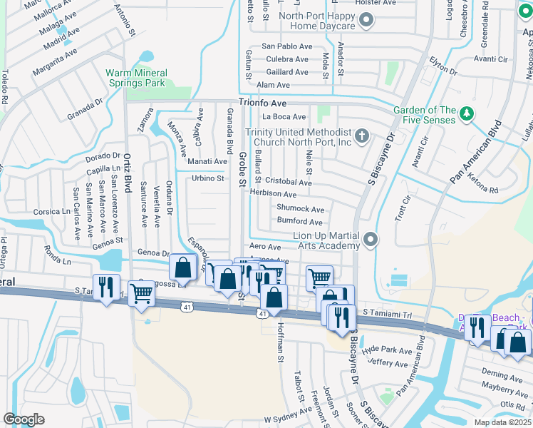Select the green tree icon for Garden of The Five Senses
(466, 113)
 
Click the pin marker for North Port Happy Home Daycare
(366, 20)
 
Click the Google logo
(24, 419)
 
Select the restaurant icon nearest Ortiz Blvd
(106, 287)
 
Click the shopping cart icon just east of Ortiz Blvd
(142, 292)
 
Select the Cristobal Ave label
(289, 183)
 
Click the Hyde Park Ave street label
(387, 351)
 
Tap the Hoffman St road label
(281, 342)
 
